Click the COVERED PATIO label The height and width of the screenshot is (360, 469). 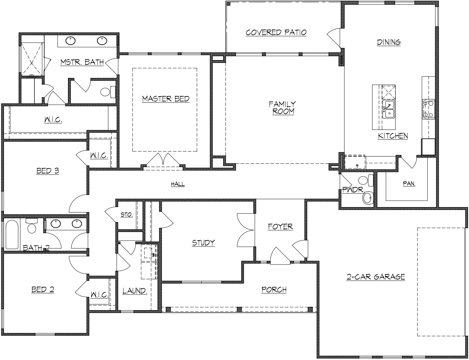[276, 32]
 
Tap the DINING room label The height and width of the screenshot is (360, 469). [389, 42]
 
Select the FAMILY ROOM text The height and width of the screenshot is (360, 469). [282, 108]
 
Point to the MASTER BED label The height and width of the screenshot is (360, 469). [166, 99]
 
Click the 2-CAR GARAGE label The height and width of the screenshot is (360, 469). [376, 277]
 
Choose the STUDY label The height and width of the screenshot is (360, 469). [203, 243]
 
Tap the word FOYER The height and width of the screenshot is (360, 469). [280, 227]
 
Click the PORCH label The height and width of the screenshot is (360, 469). [274, 290]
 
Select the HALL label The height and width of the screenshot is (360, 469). [178, 184]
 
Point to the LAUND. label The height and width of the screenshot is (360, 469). [135, 291]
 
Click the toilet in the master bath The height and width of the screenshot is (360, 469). [108, 92]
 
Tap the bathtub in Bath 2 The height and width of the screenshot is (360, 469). [12, 234]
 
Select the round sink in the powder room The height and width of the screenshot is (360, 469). [368, 198]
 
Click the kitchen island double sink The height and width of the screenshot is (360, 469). [389, 109]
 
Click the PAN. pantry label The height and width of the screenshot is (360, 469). [409, 184]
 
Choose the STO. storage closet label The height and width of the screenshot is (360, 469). [126, 215]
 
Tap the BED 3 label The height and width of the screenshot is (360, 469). [48, 171]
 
